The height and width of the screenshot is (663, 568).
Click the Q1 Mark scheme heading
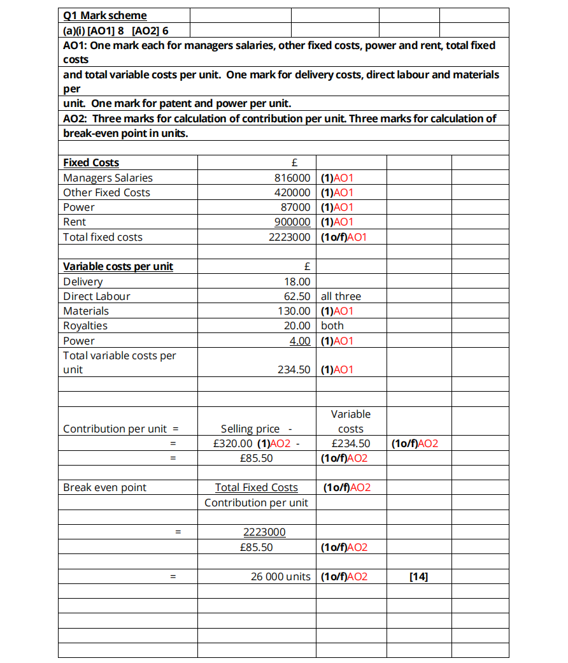pos(105,15)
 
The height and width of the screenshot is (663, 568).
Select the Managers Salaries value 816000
pos(292,178)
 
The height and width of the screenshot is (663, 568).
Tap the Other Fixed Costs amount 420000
pos(292,192)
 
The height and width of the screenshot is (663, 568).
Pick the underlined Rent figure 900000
pos(292,222)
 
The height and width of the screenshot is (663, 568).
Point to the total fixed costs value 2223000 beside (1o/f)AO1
pos(290,237)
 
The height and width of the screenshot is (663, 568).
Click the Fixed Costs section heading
pos(91,162)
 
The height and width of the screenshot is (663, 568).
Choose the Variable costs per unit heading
pos(118,266)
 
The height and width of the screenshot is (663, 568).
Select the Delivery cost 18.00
pos(297,282)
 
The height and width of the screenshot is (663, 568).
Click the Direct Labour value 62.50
pos(297,296)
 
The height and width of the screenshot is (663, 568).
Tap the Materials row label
pos(86,311)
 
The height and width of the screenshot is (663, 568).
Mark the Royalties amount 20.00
pos(297,325)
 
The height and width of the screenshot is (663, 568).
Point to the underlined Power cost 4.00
pos(300,341)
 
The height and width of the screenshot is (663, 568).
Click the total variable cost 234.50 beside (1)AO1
pos(294,369)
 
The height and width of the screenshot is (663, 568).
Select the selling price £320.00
pos(233,443)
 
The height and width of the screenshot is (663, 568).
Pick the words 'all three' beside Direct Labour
pos(341,296)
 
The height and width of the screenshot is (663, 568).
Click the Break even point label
pos(104,487)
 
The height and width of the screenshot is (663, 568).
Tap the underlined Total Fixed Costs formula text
pos(256,487)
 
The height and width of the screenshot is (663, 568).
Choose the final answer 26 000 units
pos(280,577)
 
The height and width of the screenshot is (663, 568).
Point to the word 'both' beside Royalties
pos(332,325)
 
